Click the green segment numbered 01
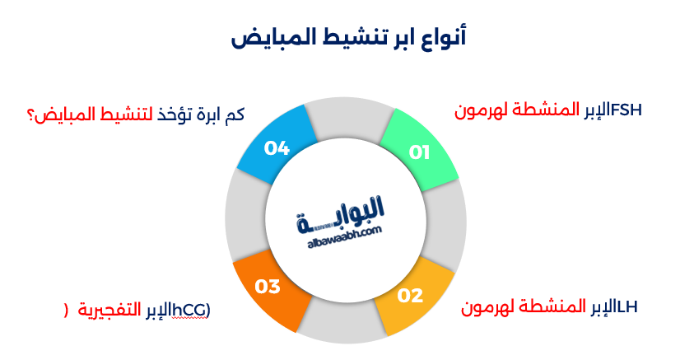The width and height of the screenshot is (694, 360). coord(420,149)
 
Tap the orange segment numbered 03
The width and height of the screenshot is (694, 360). coord(268,288)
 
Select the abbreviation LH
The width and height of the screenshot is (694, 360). coord(626,306)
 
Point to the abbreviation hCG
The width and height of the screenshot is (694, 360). coord(194,309)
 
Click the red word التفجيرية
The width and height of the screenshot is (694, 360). coord(111,310)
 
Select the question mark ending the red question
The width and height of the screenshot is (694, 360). coord(33,114)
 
